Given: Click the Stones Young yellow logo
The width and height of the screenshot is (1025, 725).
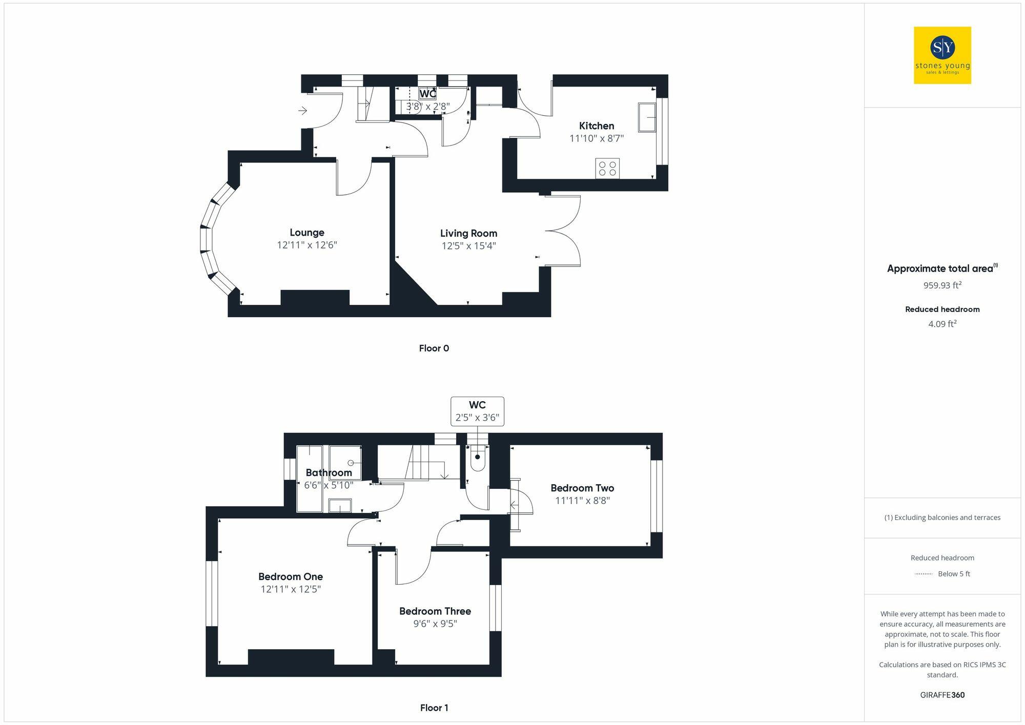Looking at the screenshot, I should point(942,55).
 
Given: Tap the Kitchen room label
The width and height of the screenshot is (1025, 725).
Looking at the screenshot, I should point(596,126).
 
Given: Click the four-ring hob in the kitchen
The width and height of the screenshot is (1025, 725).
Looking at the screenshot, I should point(607,169).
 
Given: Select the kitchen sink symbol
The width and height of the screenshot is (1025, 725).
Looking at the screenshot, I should point(647,117).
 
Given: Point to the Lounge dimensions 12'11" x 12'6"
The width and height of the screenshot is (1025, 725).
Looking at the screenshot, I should point(306,245).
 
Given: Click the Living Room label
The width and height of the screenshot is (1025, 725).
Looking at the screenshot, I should point(468,234).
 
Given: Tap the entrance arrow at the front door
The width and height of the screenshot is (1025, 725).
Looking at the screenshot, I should point(303,110).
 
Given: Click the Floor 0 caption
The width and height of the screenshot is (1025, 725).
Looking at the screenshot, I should point(434,348).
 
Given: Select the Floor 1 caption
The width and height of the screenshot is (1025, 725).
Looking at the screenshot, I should point(434,708).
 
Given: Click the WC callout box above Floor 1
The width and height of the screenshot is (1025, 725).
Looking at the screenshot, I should point(477,411).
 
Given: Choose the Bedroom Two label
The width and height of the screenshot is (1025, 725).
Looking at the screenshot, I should point(582,488).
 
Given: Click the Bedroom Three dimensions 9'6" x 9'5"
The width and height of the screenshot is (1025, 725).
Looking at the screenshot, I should point(435,624).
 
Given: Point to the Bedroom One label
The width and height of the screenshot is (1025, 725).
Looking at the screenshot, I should point(291,577).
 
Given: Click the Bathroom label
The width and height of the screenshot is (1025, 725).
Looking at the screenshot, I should point(329,473).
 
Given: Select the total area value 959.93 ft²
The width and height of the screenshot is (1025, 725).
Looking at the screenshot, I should point(942,285).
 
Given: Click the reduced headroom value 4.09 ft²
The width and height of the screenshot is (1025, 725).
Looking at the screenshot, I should point(942,324).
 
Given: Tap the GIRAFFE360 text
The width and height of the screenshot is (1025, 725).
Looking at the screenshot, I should point(942,695).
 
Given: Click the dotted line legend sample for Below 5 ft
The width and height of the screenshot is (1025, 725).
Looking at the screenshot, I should point(924,574).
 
